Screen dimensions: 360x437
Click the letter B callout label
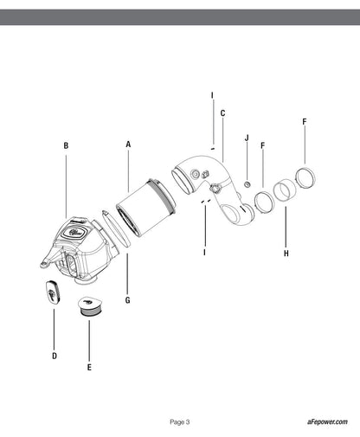[x=66, y=145]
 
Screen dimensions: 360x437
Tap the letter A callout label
[x=128, y=145]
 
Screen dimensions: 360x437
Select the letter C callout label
[x=222, y=113]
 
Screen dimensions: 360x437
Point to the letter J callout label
[x=247, y=138]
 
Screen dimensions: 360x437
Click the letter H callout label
[x=286, y=254]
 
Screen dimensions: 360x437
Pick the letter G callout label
[x=128, y=300]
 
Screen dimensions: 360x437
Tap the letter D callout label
[x=55, y=357]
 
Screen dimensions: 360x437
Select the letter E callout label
[x=89, y=368]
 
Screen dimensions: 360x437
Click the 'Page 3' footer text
[x=180, y=422]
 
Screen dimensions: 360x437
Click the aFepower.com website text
[x=327, y=421]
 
